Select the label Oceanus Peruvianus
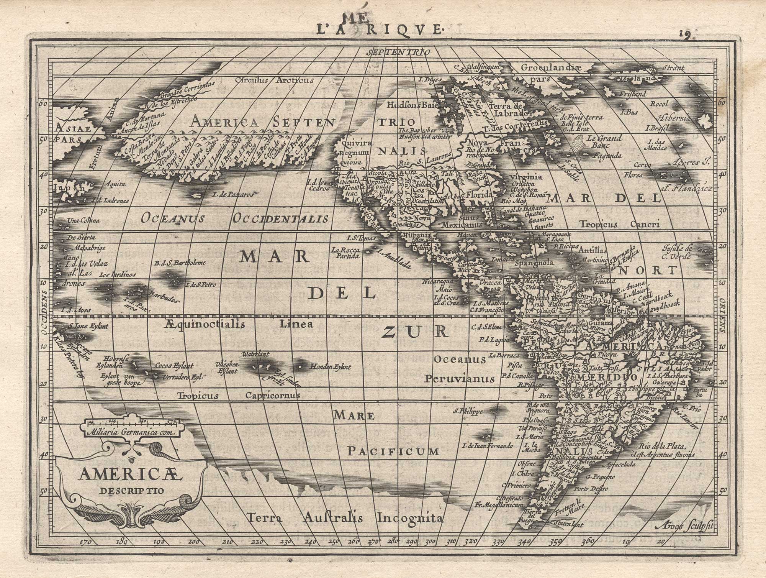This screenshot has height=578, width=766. point(460,369)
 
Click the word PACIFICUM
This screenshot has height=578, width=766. point(393,452)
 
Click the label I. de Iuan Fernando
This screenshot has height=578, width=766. point(487,446)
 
